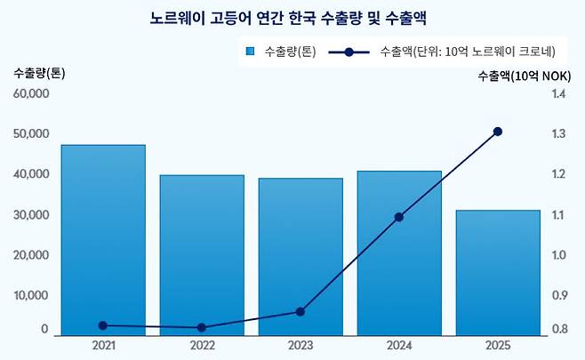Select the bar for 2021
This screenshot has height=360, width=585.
coord(103,240)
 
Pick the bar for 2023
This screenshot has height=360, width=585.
coord(301,257)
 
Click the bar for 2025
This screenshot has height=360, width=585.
coord(498,273)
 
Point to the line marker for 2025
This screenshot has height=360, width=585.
coord(498,132)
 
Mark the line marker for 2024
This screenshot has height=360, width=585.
coord(399,217)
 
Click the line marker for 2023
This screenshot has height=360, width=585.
coord(301,312)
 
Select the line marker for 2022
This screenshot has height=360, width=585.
coord(202,328)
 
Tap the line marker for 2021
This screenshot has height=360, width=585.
coord(103,325)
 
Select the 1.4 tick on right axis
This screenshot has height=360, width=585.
coord(558,94)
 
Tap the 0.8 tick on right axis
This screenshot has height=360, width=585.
coord(558,330)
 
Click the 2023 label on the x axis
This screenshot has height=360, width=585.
coord(301,345)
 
